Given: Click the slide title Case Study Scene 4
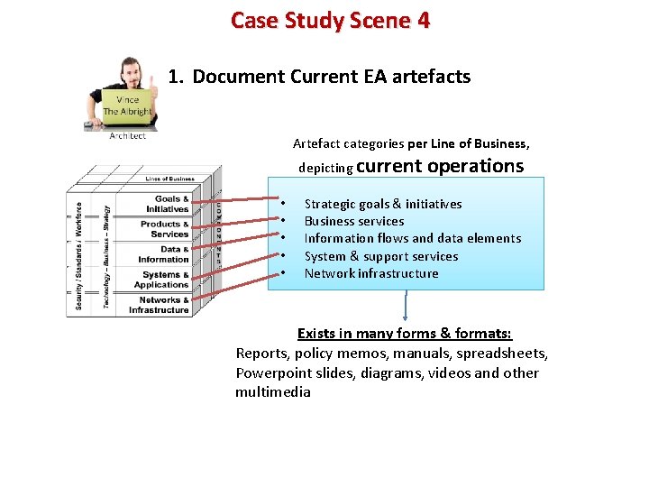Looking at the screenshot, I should click(330, 21).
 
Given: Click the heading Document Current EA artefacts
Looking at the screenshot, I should click(331, 77).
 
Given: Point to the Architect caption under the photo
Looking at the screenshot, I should click(127, 136).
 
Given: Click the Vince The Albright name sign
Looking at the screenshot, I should click(126, 106).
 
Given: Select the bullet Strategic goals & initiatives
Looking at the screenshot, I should click(382, 204).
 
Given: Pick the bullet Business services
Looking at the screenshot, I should click(353, 221).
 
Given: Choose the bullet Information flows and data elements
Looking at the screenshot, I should click(412, 238).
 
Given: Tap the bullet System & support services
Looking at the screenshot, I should click(380, 256).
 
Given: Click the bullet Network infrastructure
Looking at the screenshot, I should click(370, 273).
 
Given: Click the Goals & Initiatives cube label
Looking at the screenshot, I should click(169, 204).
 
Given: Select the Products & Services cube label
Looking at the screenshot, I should click(165, 229).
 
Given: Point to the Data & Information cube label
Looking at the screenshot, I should click(165, 254).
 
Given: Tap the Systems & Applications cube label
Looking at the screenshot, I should click(163, 280).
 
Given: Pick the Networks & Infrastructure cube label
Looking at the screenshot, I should click(160, 305).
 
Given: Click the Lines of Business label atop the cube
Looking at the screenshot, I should click(169, 179).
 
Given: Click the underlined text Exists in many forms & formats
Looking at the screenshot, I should click(405, 334).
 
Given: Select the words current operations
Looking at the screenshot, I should click(440, 166).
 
